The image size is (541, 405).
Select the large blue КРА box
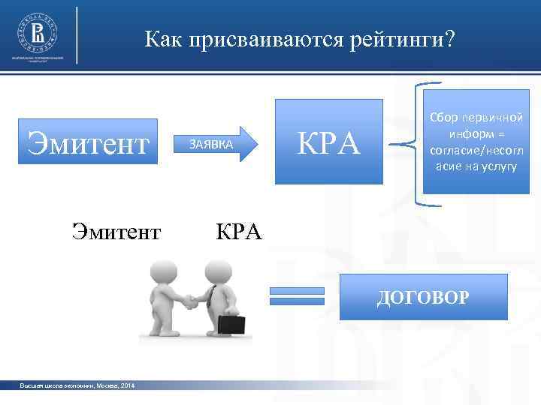(328, 142)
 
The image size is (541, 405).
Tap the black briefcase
(231, 325)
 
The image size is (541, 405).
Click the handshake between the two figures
(191, 301)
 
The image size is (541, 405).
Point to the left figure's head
(164, 271)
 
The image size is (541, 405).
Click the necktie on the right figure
(213, 297)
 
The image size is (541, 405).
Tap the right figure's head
(219, 271)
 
